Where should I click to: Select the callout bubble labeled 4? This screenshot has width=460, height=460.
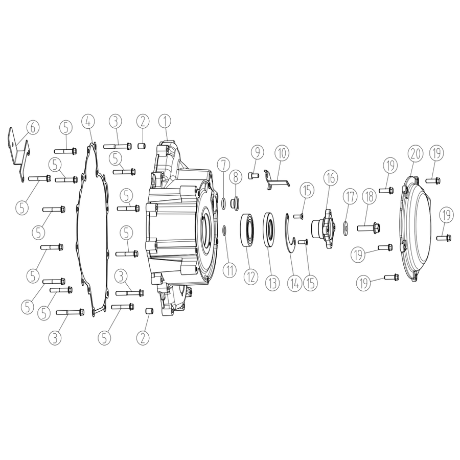[89, 121]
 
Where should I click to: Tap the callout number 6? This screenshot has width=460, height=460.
[33, 128]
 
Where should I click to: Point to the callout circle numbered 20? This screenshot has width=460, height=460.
[416, 153]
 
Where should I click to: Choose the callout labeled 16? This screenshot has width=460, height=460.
[331, 177]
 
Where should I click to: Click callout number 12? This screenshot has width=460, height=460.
[250, 276]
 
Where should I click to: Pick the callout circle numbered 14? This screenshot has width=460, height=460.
[294, 283]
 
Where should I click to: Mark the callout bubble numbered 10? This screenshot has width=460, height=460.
[282, 153]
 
